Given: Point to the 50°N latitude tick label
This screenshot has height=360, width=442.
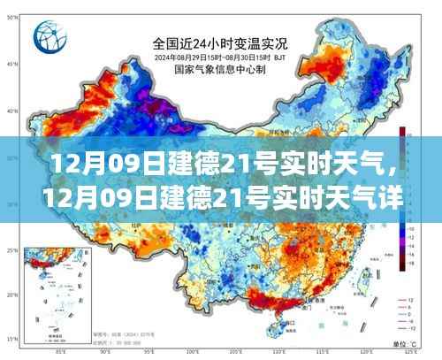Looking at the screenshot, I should pos(11,65).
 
